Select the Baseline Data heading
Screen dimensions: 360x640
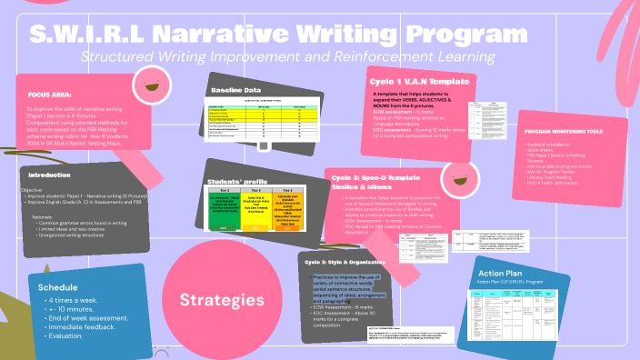coord(235,91)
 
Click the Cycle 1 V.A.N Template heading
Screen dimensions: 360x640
coord(419,81)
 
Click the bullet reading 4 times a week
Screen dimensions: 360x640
coord(75,299)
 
